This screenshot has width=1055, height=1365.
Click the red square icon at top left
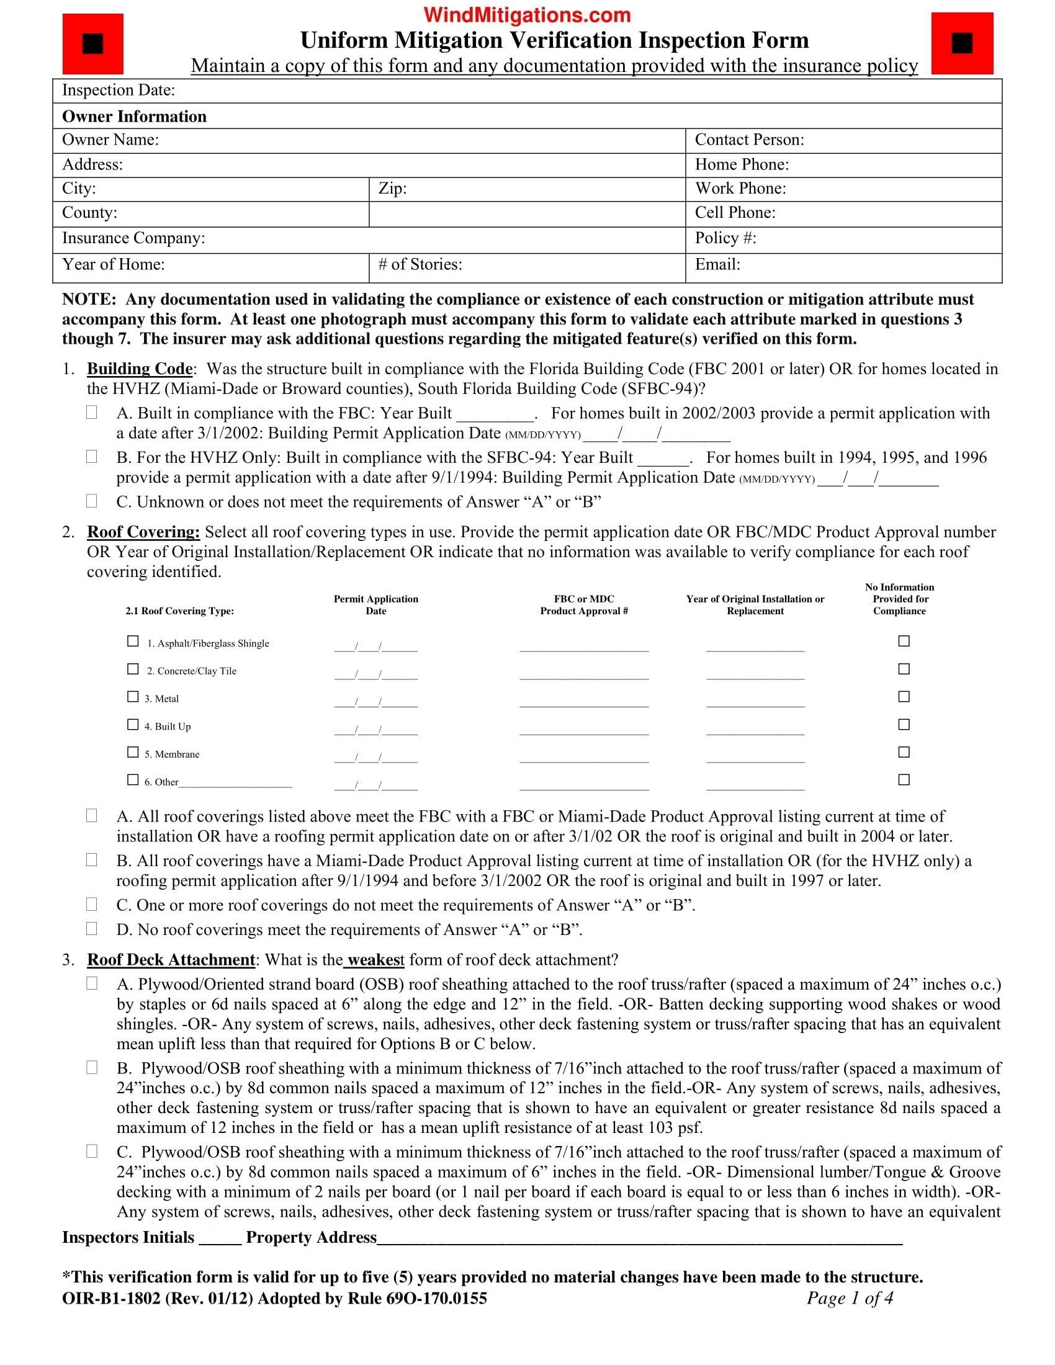click(x=93, y=44)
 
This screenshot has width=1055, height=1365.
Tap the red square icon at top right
click(x=962, y=44)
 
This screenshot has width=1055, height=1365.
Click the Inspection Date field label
click(x=118, y=91)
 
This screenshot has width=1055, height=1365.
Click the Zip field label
click(x=392, y=189)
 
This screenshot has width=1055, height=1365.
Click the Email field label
click(x=717, y=265)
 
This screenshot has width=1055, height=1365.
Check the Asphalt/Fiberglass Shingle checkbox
click(x=133, y=642)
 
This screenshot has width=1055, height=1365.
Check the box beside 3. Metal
click(x=133, y=697)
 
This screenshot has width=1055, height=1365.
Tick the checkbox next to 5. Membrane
click(x=133, y=753)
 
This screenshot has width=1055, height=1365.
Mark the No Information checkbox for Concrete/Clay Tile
click(x=904, y=669)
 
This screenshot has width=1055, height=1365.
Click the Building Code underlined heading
click(x=140, y=369)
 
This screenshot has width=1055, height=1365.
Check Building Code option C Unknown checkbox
click(x=92, y=501)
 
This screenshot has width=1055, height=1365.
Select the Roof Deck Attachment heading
click(x=171, y=960)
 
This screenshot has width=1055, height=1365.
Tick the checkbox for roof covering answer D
click(x=92, y=929)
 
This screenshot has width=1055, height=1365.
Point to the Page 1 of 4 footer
click(x=850, y=1299)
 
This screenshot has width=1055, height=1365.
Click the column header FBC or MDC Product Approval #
click(x=584, y=605)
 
